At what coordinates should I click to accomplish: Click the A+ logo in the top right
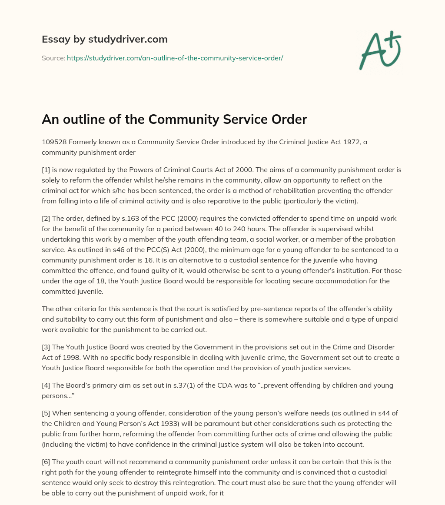(x=380, y=50)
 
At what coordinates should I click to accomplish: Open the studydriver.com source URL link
(x=175, y=58)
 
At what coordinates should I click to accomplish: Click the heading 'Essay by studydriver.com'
(x=104, y=39)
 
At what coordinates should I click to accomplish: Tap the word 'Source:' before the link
(x=53, y=58)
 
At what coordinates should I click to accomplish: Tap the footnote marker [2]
(x=46, y=218)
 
